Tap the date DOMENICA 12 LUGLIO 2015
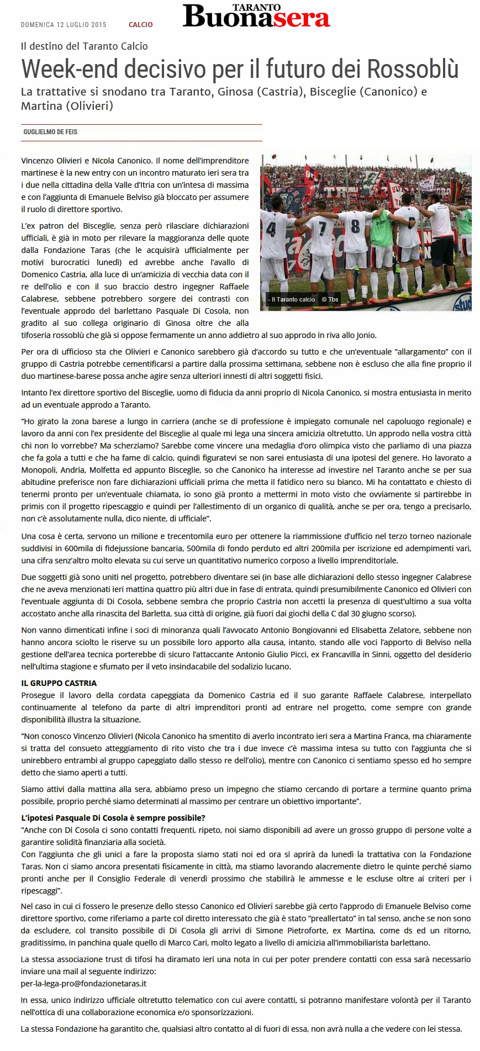64,25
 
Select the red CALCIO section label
140,25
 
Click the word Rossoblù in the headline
413,70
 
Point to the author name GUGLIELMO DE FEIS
50,132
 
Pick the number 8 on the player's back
355,226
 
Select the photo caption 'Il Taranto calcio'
293,299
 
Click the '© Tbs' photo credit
330,299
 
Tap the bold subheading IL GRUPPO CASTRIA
59,683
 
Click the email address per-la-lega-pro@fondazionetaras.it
84,984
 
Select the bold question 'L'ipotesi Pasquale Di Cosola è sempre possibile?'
113,818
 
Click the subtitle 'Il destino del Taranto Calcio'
85,46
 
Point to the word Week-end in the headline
70,70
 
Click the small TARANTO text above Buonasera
256,7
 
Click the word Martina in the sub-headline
42,105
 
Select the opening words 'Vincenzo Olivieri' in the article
52,161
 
